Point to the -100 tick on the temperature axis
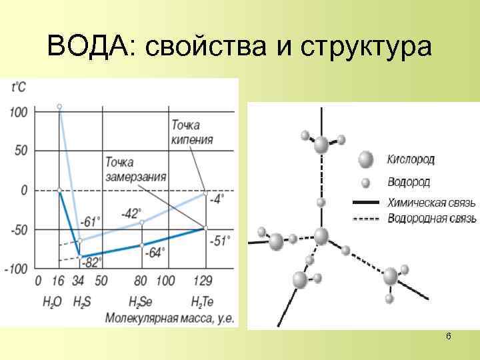point(15,269)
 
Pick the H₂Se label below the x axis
point(141,301)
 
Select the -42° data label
point(131,213)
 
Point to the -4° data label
point(216,198)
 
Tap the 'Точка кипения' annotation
point(193,133)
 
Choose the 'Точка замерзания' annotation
point(135,170)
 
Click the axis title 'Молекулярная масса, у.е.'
point(170,317)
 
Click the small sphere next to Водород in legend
point(365,182)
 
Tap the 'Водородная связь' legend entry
point(431,219)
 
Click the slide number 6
point(448,337)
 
